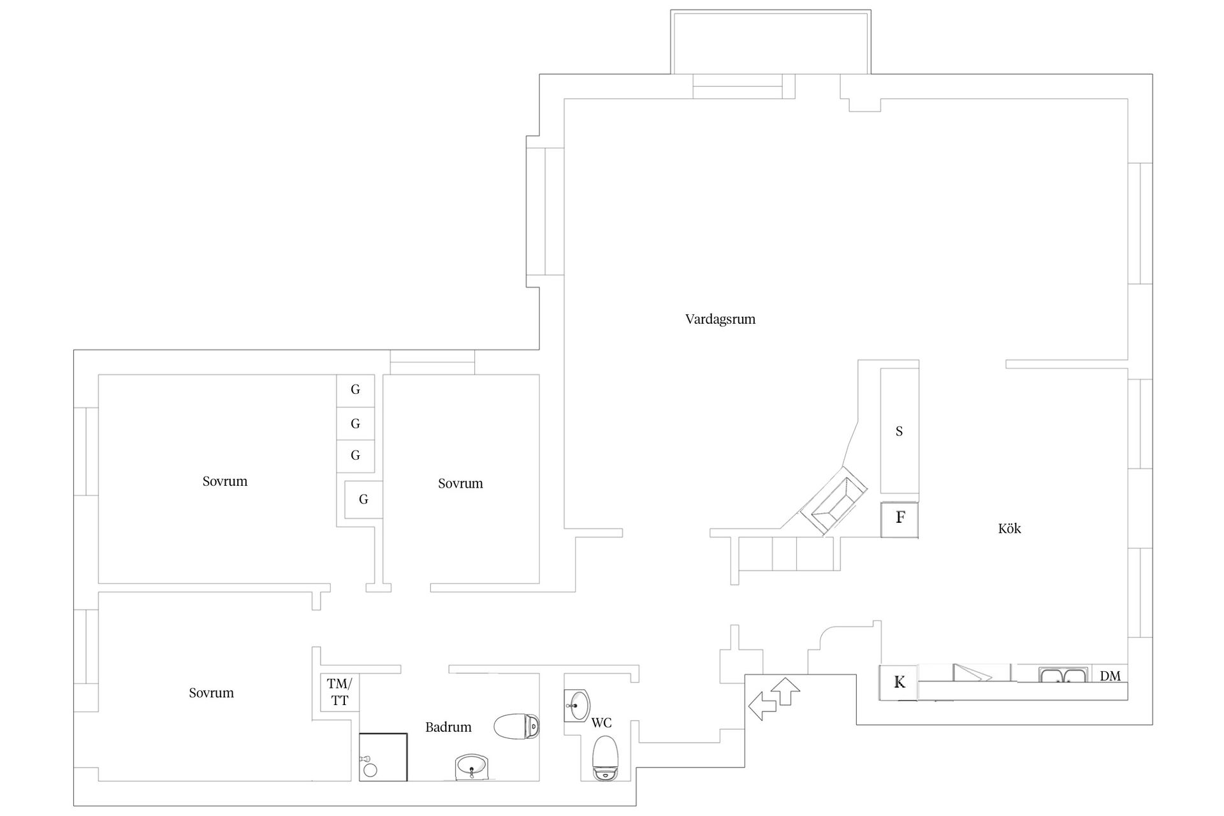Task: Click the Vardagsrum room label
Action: point(720,319)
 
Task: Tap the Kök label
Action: point(1010,528)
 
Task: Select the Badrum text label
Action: point(448,727)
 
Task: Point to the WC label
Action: point(601,723)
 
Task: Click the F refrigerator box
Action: point(900,520)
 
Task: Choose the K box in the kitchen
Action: point(898,683)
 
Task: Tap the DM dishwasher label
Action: point(1110,676)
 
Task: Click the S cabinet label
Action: point(900,432)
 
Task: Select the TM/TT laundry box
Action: point(339,692)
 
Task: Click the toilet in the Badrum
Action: point(517,726)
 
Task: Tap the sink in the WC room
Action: point(578,706)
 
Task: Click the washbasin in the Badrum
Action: point(472,767)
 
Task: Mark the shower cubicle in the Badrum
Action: point(383,757)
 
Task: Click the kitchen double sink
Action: point(1063,675)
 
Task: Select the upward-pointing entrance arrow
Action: point(785,691)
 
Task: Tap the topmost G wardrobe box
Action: point(355,390)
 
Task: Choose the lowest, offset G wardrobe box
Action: point(363,499)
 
